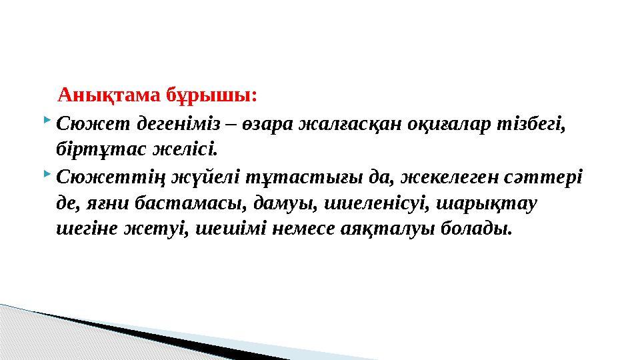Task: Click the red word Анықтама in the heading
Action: click(x=99, y=95)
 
